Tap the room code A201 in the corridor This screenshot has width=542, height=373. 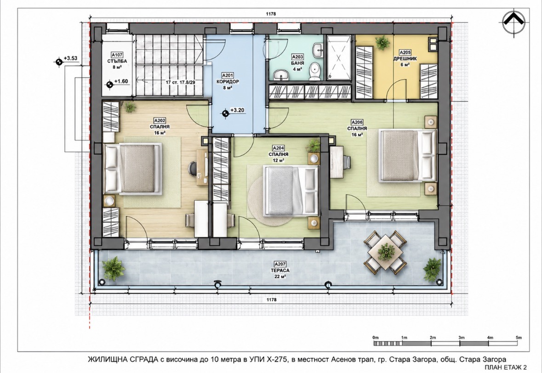pyautogui.click(x=228, y=75)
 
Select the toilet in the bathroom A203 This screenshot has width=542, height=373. pyautogui.click(x=314, y=72)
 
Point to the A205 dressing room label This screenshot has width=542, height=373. pyautogui.click(x=405, y=52)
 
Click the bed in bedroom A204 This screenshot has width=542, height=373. pyautogui.click(x=291, y=191)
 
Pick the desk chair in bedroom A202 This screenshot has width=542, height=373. pyautogui.click(x=192, y=169)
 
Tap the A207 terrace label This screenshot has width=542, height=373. pyautogui.click(x=280, y=265)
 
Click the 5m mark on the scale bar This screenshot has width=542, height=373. pyautogui.click(x=518, y=338)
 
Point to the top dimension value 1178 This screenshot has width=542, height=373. pyautogui.click(x=271, y=14)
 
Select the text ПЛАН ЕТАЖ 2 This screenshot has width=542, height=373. pyautogui.click(x=505, y=367)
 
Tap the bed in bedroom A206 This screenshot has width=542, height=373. pyautogui.click(x=408, y=155)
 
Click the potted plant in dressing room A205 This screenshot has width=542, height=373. pyautogui.click(x=382, y=43)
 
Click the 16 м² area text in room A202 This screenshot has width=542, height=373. pyautogui.click(x=160, y=133)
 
